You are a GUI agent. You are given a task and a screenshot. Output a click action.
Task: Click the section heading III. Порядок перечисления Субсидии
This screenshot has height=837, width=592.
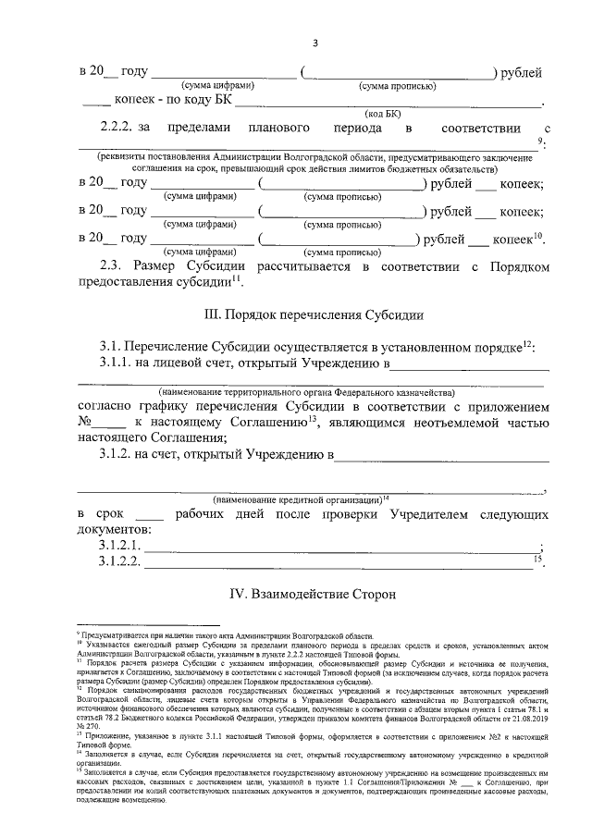point(314,314)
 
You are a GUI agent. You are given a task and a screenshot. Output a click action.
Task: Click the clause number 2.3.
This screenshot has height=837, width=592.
point(114,266)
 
